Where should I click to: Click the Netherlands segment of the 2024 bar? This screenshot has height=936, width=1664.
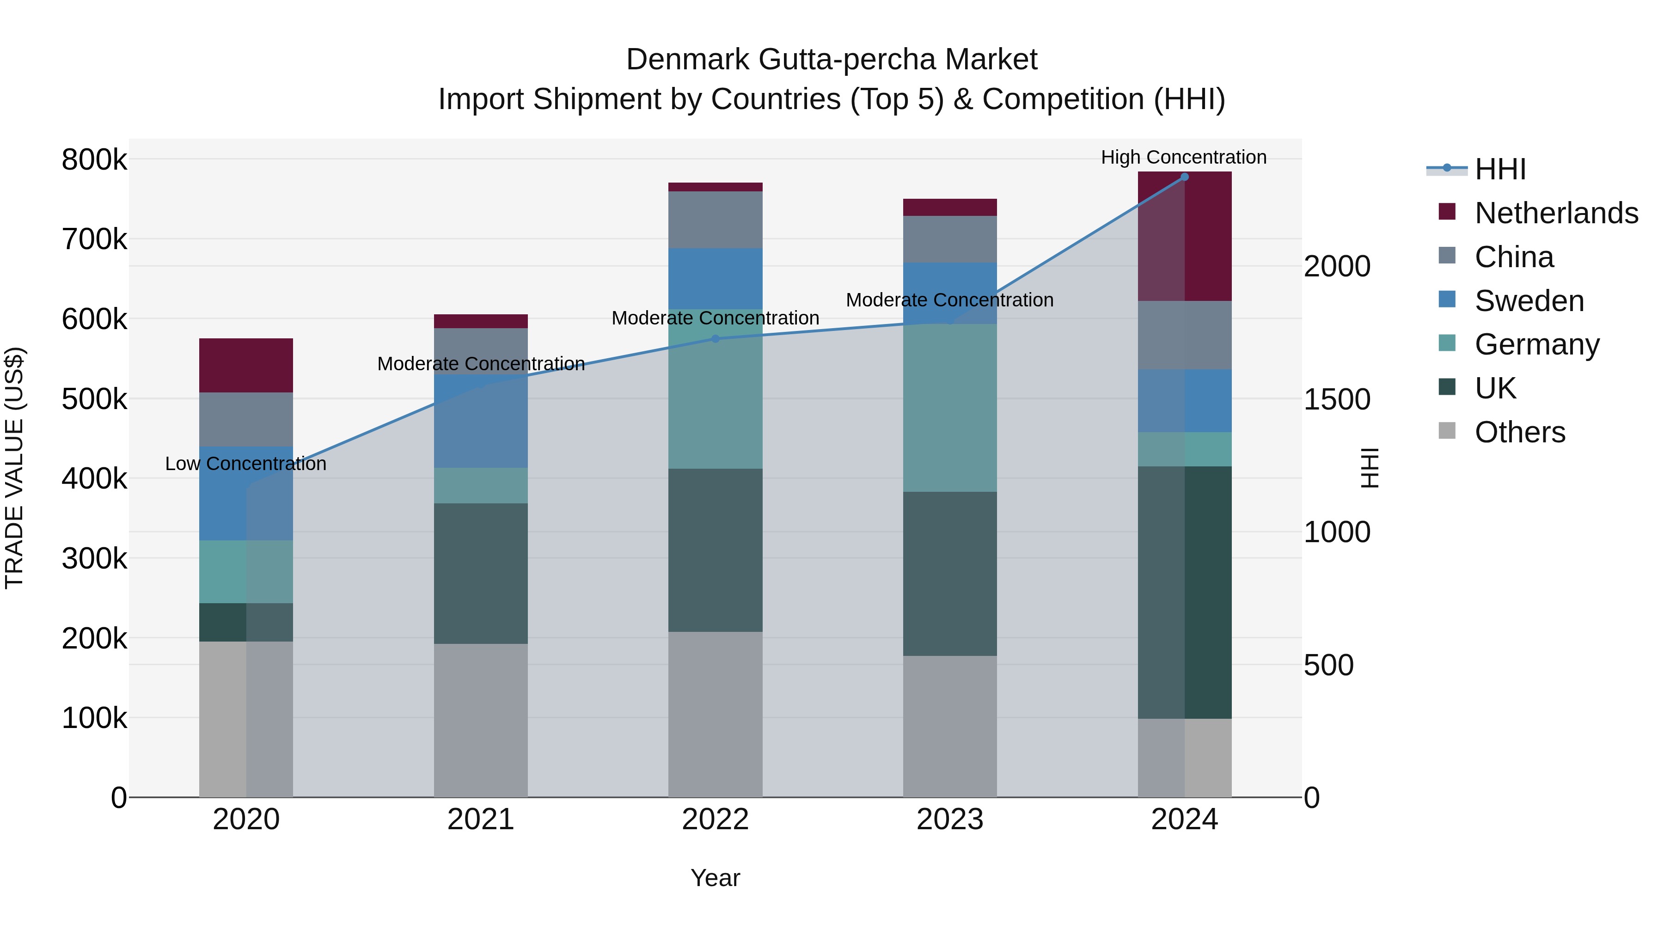point(1184,236)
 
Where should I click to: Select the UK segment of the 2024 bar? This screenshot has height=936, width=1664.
point(1184,593)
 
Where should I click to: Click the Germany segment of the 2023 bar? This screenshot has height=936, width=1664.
point(949,408)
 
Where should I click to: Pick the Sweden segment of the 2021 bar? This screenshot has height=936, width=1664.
point(481,421)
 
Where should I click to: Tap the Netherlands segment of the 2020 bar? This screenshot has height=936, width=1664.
point(246,366)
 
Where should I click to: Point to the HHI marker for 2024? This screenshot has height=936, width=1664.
point(1184,177)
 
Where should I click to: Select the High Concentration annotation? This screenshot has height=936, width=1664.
point(1183,158)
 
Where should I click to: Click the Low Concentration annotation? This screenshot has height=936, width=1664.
point(245,464)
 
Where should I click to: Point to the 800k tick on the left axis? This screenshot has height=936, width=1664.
point(94,159)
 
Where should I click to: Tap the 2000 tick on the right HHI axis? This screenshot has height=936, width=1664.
point(1336,266)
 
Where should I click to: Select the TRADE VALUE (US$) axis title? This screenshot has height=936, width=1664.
point(14,468)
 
